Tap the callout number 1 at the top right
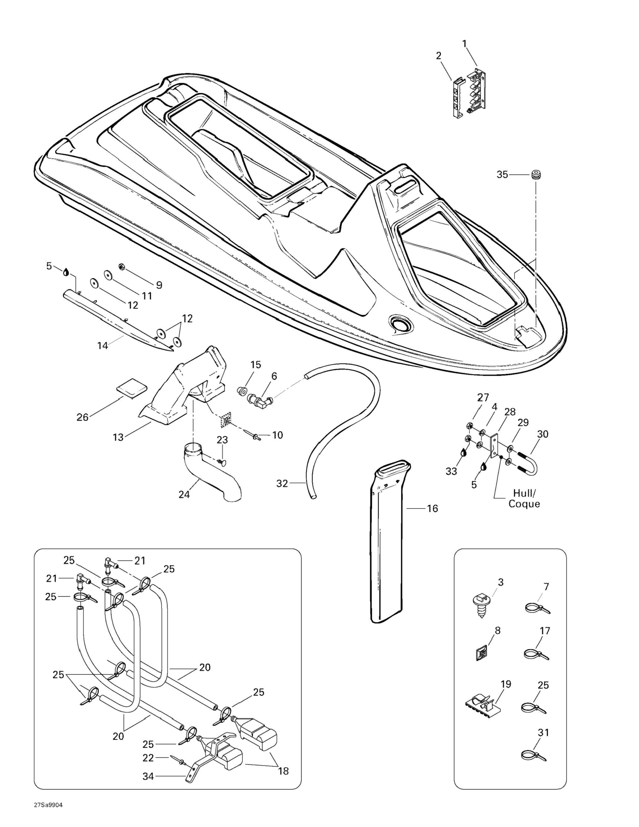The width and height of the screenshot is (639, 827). pyautogui.click(x=464, y=44)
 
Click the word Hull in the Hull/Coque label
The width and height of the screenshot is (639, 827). pyautogui.click(x=525, y=493)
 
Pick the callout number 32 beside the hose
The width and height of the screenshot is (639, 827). pyautogui.click(x=282, y=484)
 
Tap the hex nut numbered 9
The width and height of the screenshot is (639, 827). pyautogui.click(x=122, y=267)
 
